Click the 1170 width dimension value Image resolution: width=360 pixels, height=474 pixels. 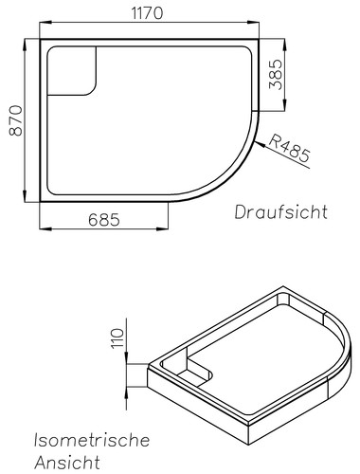click(147, 13)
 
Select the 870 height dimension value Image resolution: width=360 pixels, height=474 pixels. click(16, 120)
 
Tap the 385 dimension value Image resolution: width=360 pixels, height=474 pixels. click(275, 74)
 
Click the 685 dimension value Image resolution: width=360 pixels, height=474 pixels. click(104, 220)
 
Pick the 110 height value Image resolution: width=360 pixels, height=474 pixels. click(117, 338)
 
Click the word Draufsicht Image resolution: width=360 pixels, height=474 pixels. click(281, 211)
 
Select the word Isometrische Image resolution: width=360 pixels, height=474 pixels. click(92, 440)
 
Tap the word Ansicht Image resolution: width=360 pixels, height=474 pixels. click(67, 462)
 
